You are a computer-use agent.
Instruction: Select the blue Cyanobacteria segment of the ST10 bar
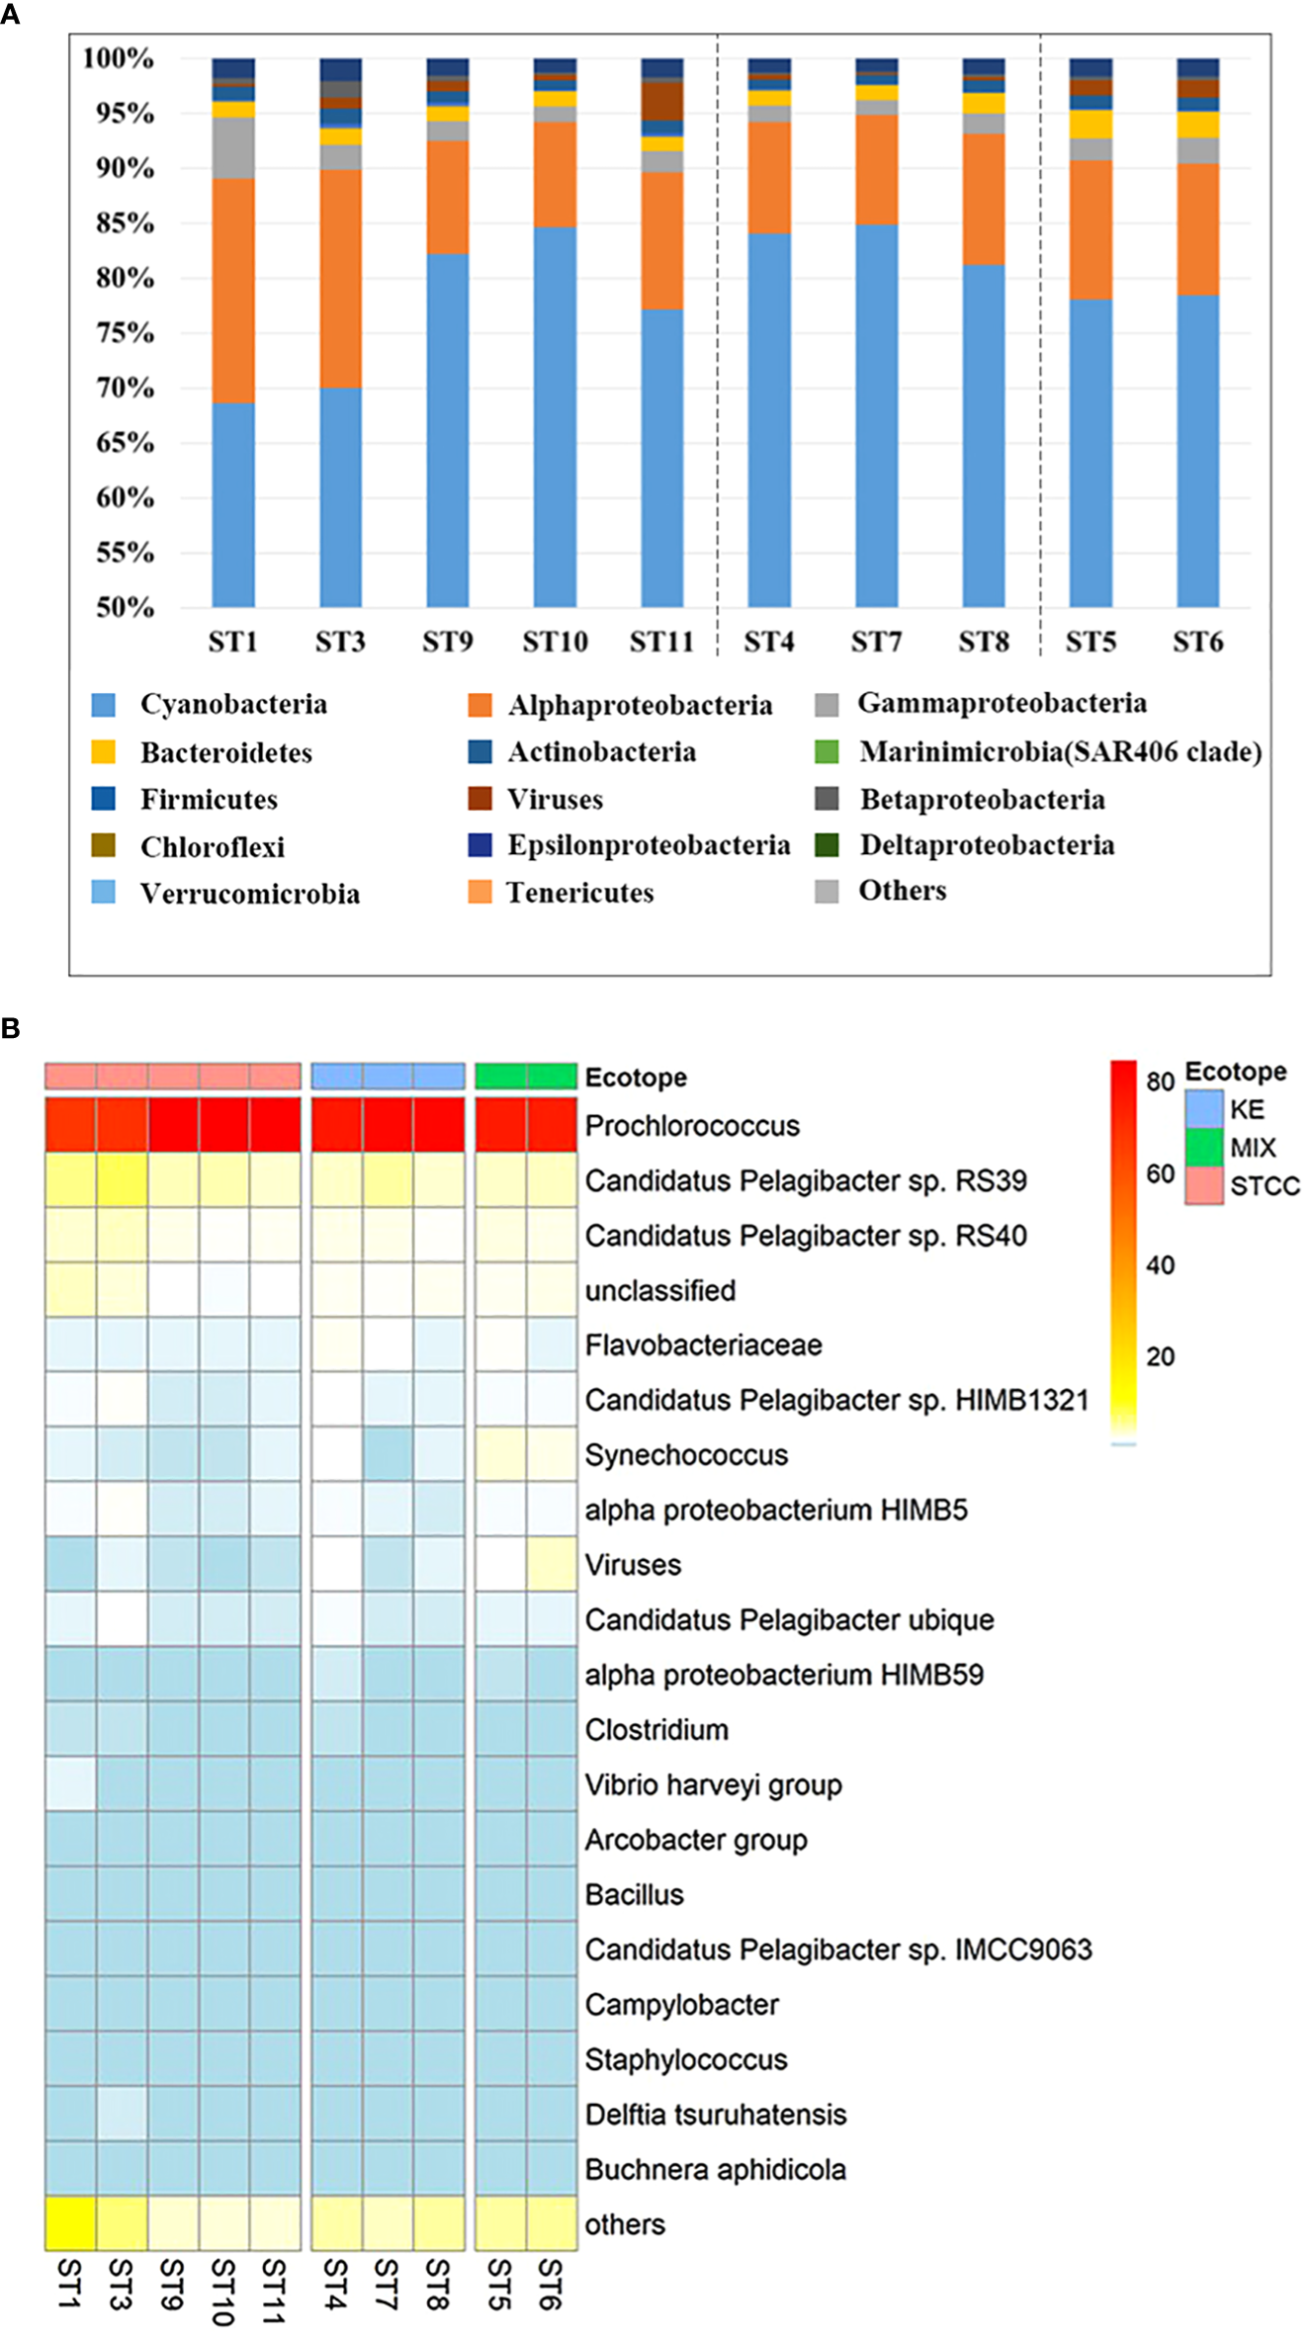[555, 415]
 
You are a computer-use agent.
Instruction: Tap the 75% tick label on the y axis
[125, 333]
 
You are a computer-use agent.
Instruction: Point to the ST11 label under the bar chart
[661, 643]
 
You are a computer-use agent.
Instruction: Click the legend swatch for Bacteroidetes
[103, 752]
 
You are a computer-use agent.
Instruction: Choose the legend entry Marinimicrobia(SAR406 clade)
[1059, 752]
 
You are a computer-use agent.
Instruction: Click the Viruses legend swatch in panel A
[480, 799]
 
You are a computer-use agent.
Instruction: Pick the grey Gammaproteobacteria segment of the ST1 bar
[233, 147]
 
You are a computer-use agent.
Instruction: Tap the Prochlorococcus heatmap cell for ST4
[336, 1124]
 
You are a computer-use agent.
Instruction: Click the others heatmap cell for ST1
[70, 2223]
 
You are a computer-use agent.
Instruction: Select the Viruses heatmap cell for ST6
[552, 1564]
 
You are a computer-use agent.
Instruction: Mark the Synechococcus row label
[686, 1455]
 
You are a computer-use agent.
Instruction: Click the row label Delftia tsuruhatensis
[716, 2115]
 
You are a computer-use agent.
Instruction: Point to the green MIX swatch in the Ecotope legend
[1203, 1147]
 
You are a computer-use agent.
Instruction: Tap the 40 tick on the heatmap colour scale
[1160, 1265]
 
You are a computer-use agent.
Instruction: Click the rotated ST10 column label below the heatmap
[223, 2291]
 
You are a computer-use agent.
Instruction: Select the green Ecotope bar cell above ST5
[500, 1077]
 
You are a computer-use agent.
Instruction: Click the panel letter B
[11, 1029]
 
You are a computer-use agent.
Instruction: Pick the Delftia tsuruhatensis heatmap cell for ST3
[122, 2114]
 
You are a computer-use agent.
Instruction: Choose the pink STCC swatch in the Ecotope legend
[1203, 1185]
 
